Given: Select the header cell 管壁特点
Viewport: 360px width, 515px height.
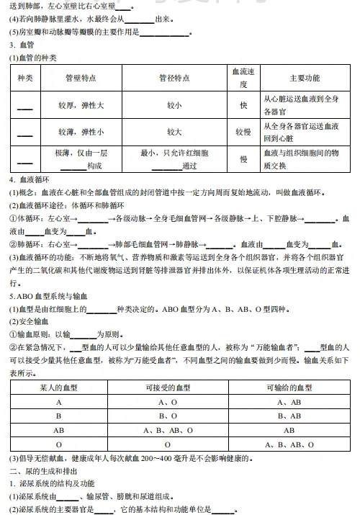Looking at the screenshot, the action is click(81, 78).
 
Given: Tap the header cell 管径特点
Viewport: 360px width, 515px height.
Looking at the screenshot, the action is click(174, 78).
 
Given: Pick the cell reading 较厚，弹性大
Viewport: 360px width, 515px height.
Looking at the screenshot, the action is click(81, 105).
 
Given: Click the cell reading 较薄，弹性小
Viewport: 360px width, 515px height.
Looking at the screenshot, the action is click(81, 132).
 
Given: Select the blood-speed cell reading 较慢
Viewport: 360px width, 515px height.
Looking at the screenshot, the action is click(243, 132).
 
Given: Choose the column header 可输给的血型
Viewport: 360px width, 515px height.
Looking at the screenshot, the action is click(289, 388).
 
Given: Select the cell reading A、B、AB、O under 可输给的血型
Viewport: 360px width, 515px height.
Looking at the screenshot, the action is click(289, 444).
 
